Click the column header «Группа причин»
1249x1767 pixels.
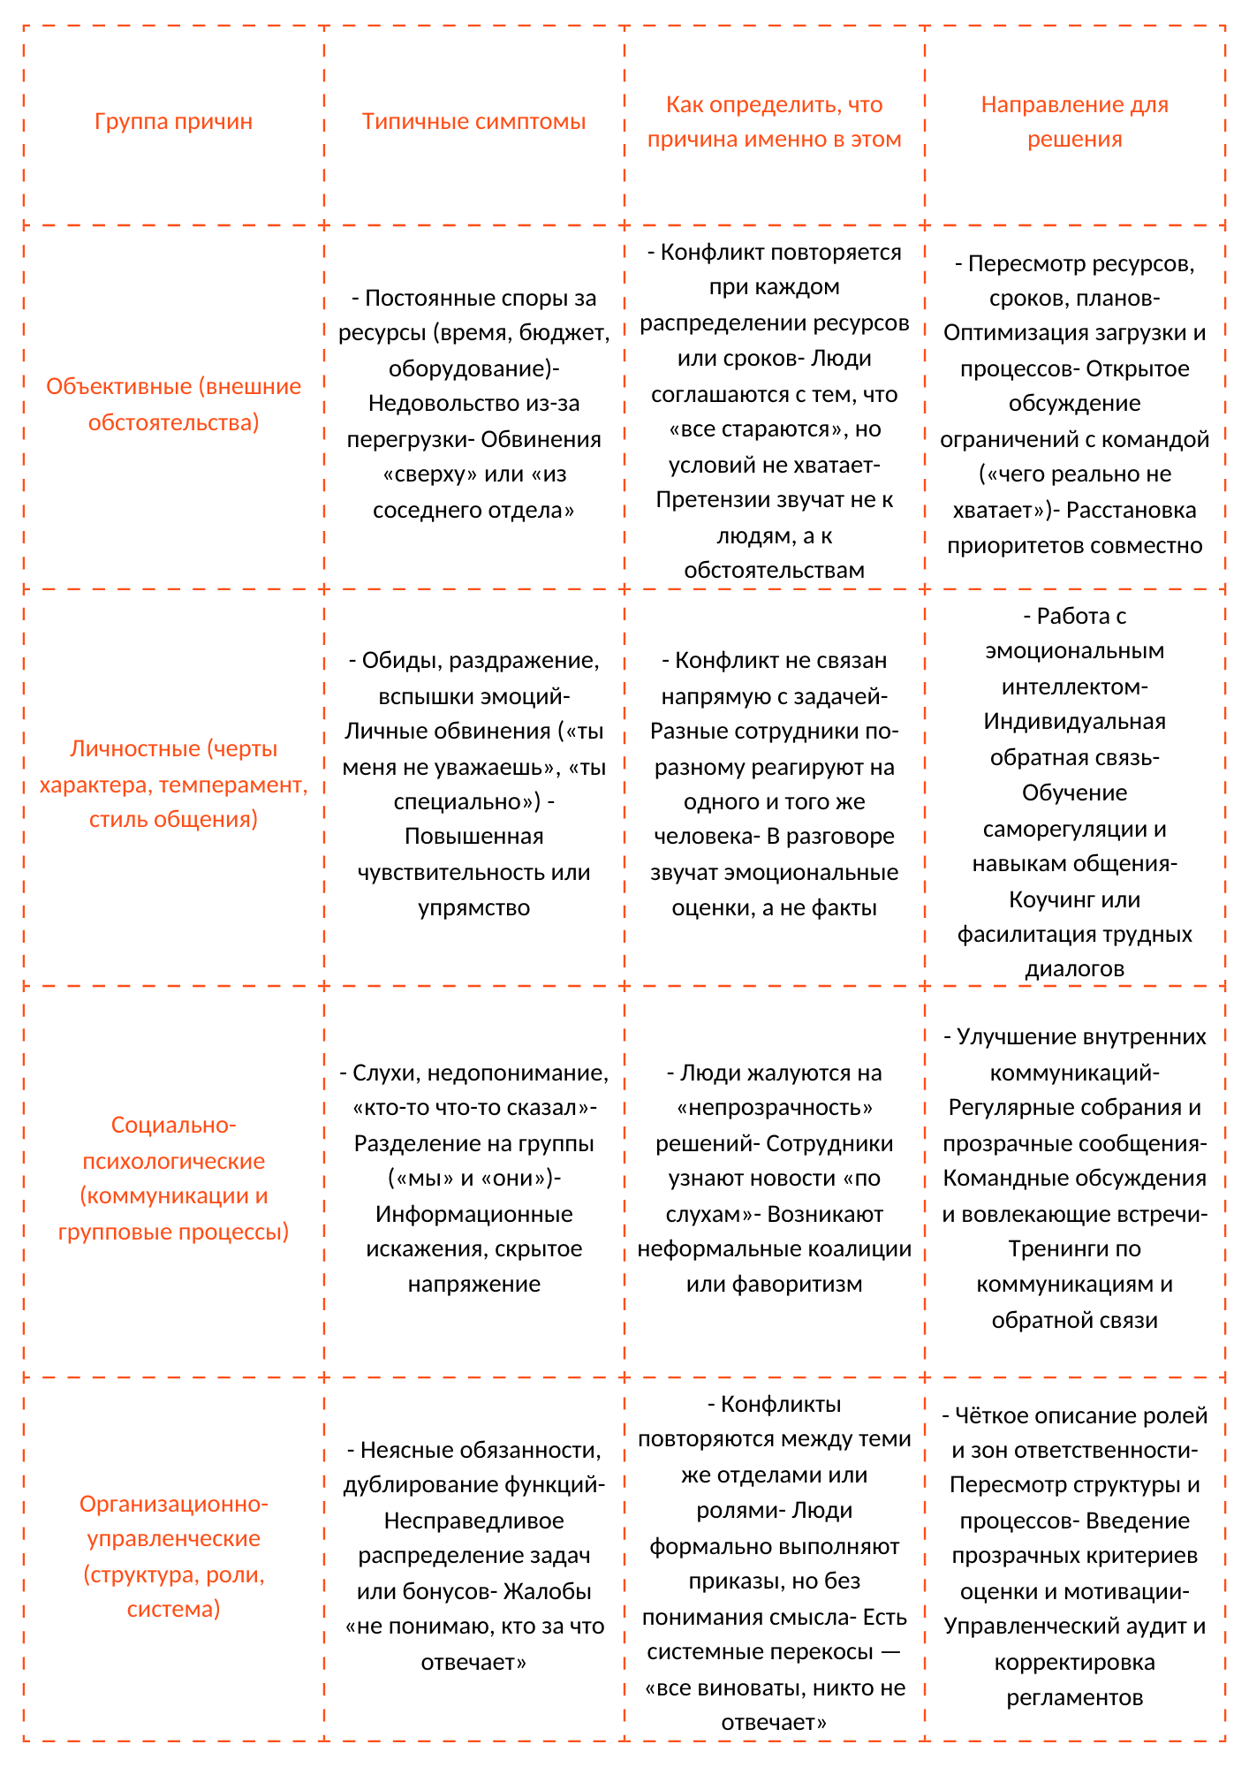pos(173,121)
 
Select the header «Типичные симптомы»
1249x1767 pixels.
pos(473,121)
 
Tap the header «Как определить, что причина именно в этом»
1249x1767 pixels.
pos(774,122)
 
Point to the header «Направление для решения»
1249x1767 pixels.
pos(1074,122)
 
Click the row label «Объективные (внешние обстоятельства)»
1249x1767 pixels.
pos(173,404)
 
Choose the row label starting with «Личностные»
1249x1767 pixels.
pos(173,784)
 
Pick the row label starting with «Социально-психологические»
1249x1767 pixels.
pos(173,1178)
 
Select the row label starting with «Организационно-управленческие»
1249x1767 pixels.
pos(173,1556)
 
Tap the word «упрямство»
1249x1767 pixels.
pos(473,907)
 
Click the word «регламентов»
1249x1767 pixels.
pos(1074,1697)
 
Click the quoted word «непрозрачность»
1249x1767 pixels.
pos(775,1107)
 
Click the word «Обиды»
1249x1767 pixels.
pos(395,660)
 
